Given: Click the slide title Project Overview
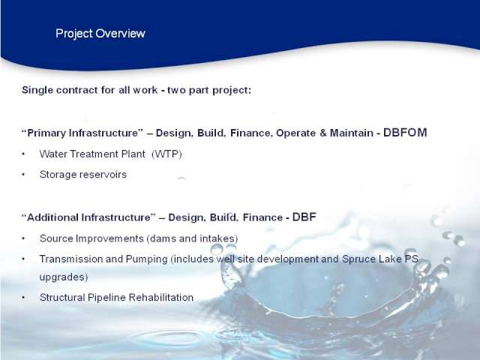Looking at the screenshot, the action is pyautogui.click(x=100, y=34).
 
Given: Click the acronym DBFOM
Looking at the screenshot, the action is pyautogui.click(x=405, y=133).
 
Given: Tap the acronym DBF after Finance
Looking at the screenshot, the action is pyautogui.click(x=304, y=217).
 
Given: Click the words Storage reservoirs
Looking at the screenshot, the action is pyautogui.click(x=83, y=175).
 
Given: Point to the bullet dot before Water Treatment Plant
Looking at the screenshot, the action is pyautogui.click(x=23, y=154).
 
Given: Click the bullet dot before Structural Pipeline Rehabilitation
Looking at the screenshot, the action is pyautogui.click(x=23, y=298).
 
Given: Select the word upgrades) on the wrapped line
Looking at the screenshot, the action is pyautogui.click(x=64, y=277).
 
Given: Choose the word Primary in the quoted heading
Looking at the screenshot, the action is pyautogui.click(x=46, y=133).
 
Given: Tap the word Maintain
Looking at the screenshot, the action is pyautogui.click(x=352, y=133).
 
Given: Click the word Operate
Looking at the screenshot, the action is pyautogui.click(x=296, y=133).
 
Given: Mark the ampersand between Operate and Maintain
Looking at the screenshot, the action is pyautogui.click(x=322, y=133).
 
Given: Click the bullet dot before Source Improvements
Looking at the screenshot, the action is pyautogui.click(x=23, y=238).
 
